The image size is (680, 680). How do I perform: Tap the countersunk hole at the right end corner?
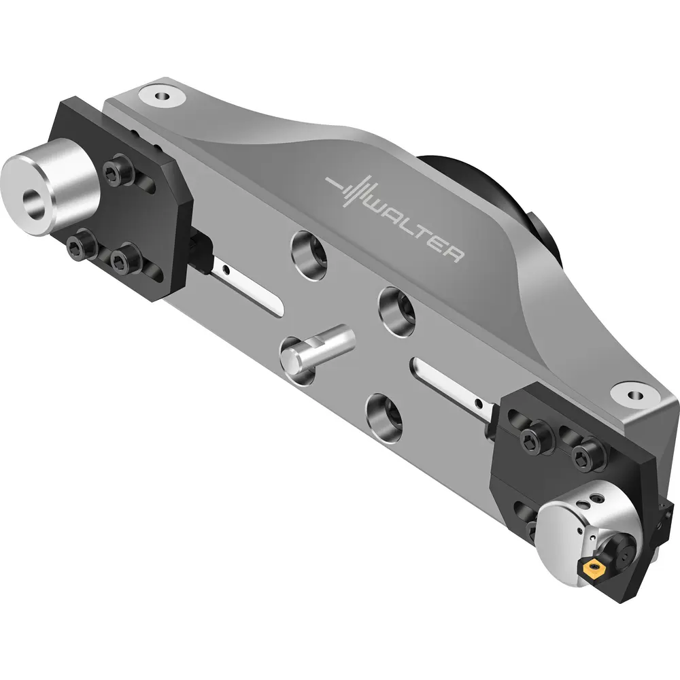[x=635, y=396]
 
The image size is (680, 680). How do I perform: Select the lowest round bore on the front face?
[x=384, y=416]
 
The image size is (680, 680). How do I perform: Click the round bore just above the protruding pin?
[x=397, y=311]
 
